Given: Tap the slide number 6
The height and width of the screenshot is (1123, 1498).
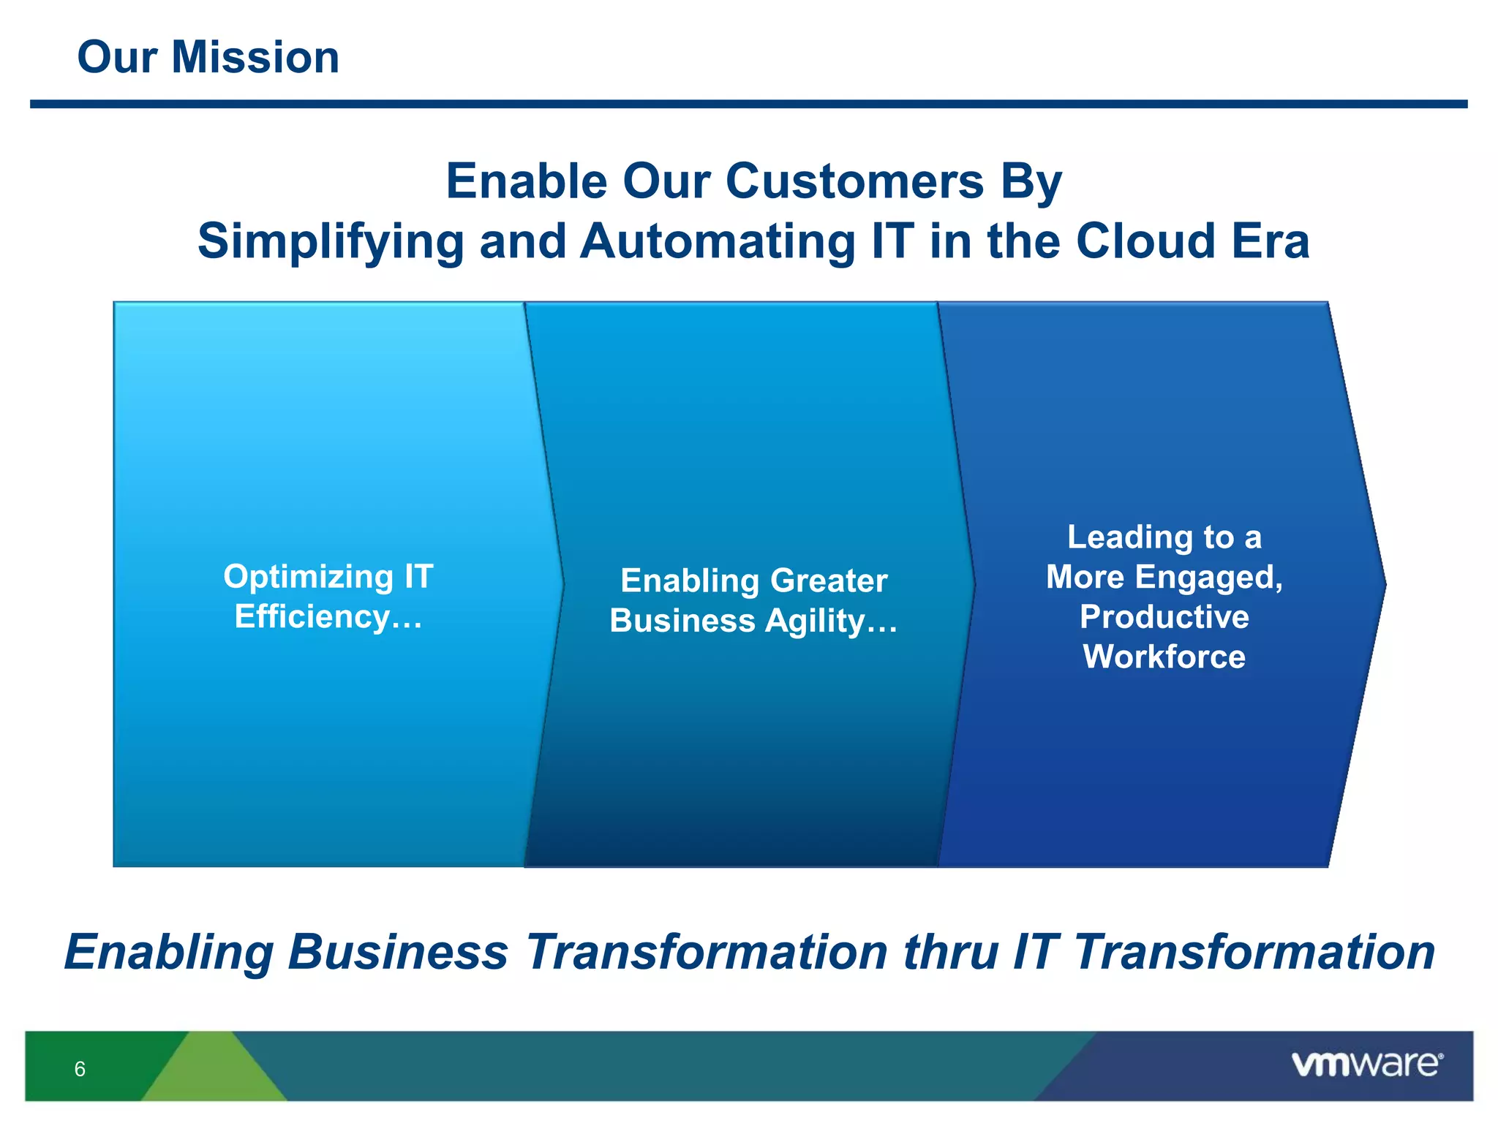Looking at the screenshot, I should pos(80,1069).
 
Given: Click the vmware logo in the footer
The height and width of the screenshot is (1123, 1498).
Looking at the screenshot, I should pos(1366,1064).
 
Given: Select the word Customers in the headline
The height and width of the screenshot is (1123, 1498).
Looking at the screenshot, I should pos(854,181).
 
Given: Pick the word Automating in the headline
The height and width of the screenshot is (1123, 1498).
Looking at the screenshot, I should pos(718,242).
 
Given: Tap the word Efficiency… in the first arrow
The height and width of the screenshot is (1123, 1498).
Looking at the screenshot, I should pos(328,616).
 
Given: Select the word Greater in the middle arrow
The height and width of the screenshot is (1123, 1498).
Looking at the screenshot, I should pos(829,581).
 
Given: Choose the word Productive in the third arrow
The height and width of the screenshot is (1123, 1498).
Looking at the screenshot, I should pos(1164,617).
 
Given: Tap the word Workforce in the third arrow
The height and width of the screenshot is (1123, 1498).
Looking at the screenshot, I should pos(1164,657).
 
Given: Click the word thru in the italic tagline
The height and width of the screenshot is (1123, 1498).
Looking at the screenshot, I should pos(950,953).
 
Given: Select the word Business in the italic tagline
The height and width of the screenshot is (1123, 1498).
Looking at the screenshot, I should pos(397,953).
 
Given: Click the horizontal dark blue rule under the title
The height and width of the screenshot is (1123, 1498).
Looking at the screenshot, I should pos(748,105).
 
